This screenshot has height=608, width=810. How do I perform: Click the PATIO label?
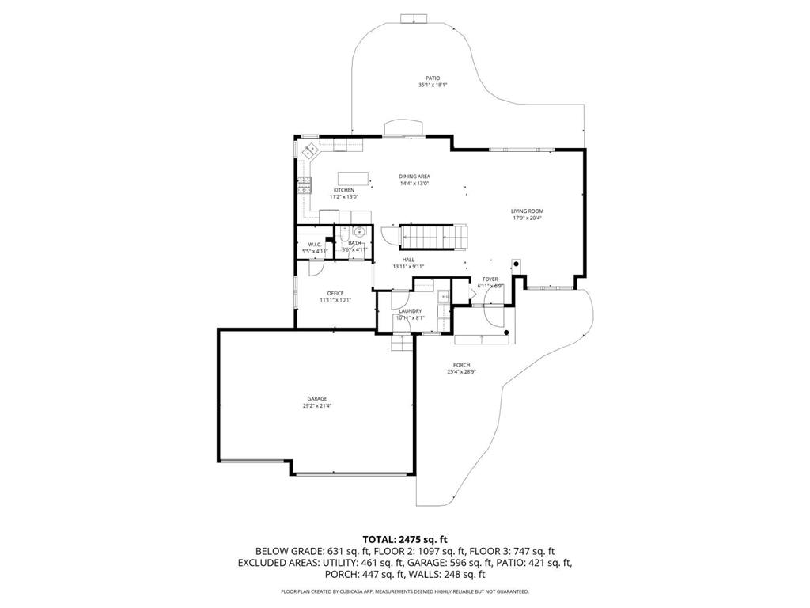433,78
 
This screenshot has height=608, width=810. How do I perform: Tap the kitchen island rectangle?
354,177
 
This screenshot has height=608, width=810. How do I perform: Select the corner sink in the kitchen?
309,149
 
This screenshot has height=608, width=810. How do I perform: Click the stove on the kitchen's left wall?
304,187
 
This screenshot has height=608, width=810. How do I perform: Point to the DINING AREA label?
414,177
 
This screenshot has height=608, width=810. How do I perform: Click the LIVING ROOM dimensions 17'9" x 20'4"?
527,218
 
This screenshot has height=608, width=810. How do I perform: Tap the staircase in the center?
431,236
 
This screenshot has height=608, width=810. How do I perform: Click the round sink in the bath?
358,232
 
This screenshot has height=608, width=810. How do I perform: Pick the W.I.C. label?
314,244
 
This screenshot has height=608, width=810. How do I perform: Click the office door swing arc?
314,268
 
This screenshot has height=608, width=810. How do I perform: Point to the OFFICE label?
335,293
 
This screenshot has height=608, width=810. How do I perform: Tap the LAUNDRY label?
411,311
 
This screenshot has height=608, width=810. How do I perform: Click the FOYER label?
490,279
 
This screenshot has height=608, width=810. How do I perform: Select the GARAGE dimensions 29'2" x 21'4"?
317,405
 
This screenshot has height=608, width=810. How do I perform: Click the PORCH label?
462,365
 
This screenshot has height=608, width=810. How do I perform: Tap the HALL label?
408,260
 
